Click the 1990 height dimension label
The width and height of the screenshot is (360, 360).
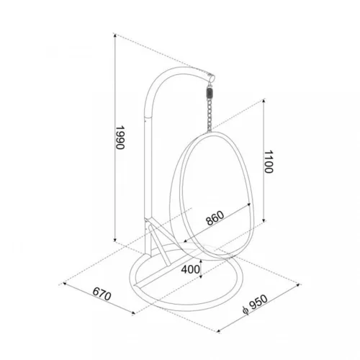120,138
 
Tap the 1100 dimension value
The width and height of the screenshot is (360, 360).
269,162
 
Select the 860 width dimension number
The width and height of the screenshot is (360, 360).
215,218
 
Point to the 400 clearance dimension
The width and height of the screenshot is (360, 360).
190,269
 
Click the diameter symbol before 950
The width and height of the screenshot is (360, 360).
245,310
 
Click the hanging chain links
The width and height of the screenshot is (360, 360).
210,114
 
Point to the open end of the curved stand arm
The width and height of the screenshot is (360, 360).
211,78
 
